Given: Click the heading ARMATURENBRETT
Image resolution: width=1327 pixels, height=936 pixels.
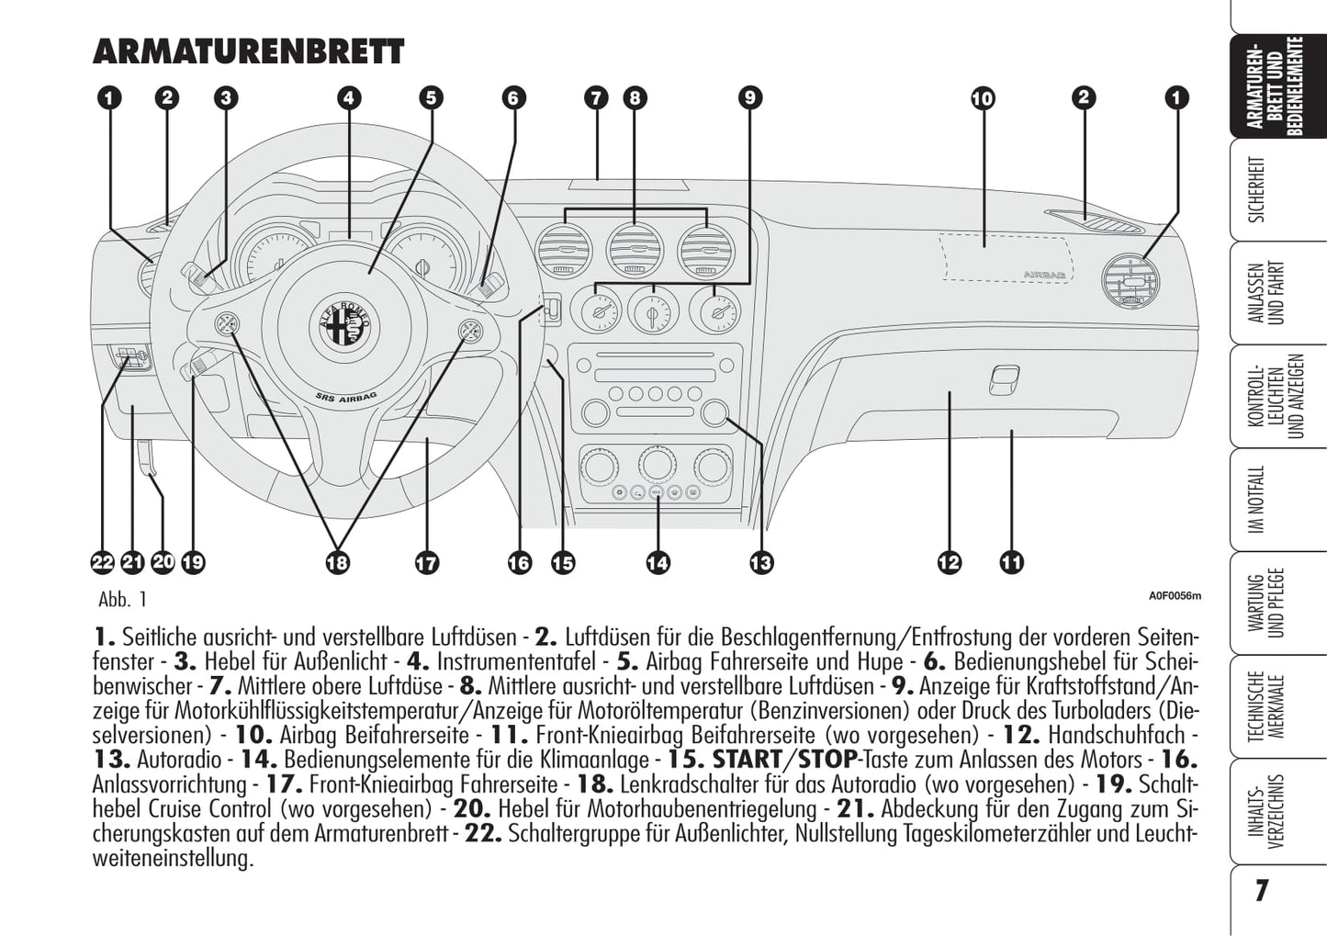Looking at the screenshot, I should point(248,51).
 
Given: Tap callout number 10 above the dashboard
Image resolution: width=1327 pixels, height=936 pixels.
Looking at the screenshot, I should point(983,97).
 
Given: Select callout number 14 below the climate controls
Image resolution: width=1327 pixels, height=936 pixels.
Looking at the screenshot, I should point(658,562).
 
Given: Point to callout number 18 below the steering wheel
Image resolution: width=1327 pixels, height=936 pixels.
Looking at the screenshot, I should point(337,562).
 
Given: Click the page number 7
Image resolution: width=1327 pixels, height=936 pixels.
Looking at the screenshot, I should point(1262,890).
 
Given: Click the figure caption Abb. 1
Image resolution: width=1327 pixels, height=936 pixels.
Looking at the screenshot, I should point(122,600).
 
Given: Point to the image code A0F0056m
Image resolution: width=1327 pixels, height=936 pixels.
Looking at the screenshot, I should point(1174,595).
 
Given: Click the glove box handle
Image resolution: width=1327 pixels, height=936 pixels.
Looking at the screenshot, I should point(1004,378).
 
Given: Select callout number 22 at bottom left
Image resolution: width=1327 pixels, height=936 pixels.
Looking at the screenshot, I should point(102,562).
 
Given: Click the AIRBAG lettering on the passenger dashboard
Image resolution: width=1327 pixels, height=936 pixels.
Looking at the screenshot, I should point(1045,275).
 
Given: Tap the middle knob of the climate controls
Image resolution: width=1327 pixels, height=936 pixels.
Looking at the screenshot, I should point(656,464).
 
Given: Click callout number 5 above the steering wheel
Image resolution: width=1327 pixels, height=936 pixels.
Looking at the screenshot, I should point(431,97).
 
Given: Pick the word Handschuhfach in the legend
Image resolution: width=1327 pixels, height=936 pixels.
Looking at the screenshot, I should point(1116,735).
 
